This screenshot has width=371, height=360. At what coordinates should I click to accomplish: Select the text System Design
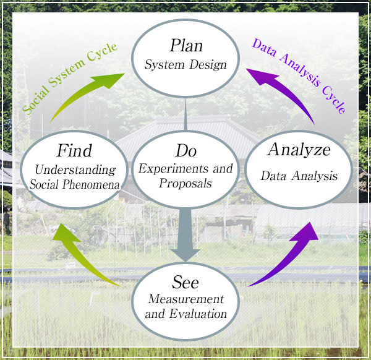point(186,64)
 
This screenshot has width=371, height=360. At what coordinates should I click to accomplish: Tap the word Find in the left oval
point(74,150)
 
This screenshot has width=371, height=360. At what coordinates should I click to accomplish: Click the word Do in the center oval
point(186,150)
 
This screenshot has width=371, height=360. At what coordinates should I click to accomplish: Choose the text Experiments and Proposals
point(186,176)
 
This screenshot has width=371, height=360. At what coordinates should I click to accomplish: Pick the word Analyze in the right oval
point(299,150)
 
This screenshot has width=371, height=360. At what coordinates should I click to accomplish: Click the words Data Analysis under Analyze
point(299,176)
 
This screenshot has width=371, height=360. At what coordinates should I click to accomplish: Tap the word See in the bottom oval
point(186,283)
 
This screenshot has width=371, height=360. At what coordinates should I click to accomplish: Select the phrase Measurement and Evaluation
point(186,306)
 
